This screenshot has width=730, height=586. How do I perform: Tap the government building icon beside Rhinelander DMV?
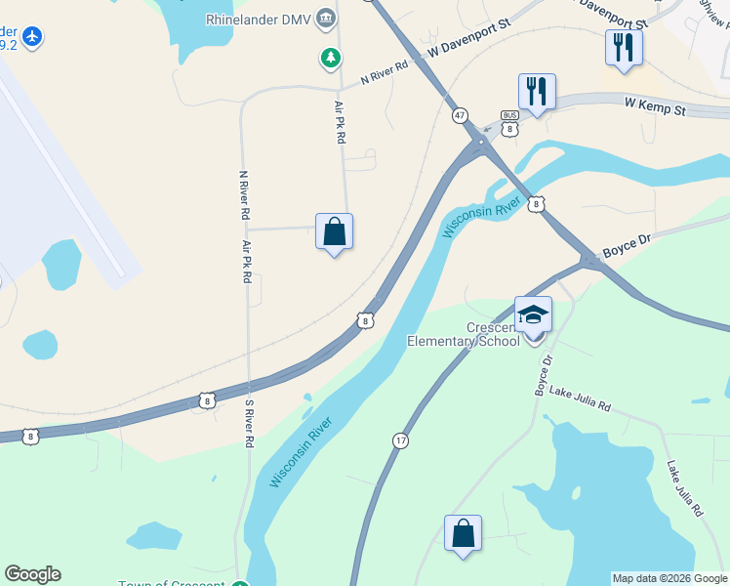point(327,18)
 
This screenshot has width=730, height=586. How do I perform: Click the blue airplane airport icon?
point(32,36)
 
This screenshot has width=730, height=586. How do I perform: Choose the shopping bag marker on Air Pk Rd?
point(334,232)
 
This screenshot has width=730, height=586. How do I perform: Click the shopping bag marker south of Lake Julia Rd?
point(463,534)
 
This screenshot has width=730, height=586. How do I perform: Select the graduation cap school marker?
point(533,315)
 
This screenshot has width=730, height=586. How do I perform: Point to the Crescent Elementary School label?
point(464,334)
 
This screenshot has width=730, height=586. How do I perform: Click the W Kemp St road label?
point(656,105)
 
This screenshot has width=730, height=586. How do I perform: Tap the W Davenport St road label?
point(469,46)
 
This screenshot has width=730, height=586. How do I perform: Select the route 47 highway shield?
point(459,115)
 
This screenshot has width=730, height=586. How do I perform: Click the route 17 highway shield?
point(400,441)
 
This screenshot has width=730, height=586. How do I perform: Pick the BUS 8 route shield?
point(509,122)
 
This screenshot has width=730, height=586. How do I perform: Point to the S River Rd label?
point(249,423)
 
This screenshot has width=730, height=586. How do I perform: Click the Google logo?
point(32,574)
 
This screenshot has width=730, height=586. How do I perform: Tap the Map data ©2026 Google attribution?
point(669,578)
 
